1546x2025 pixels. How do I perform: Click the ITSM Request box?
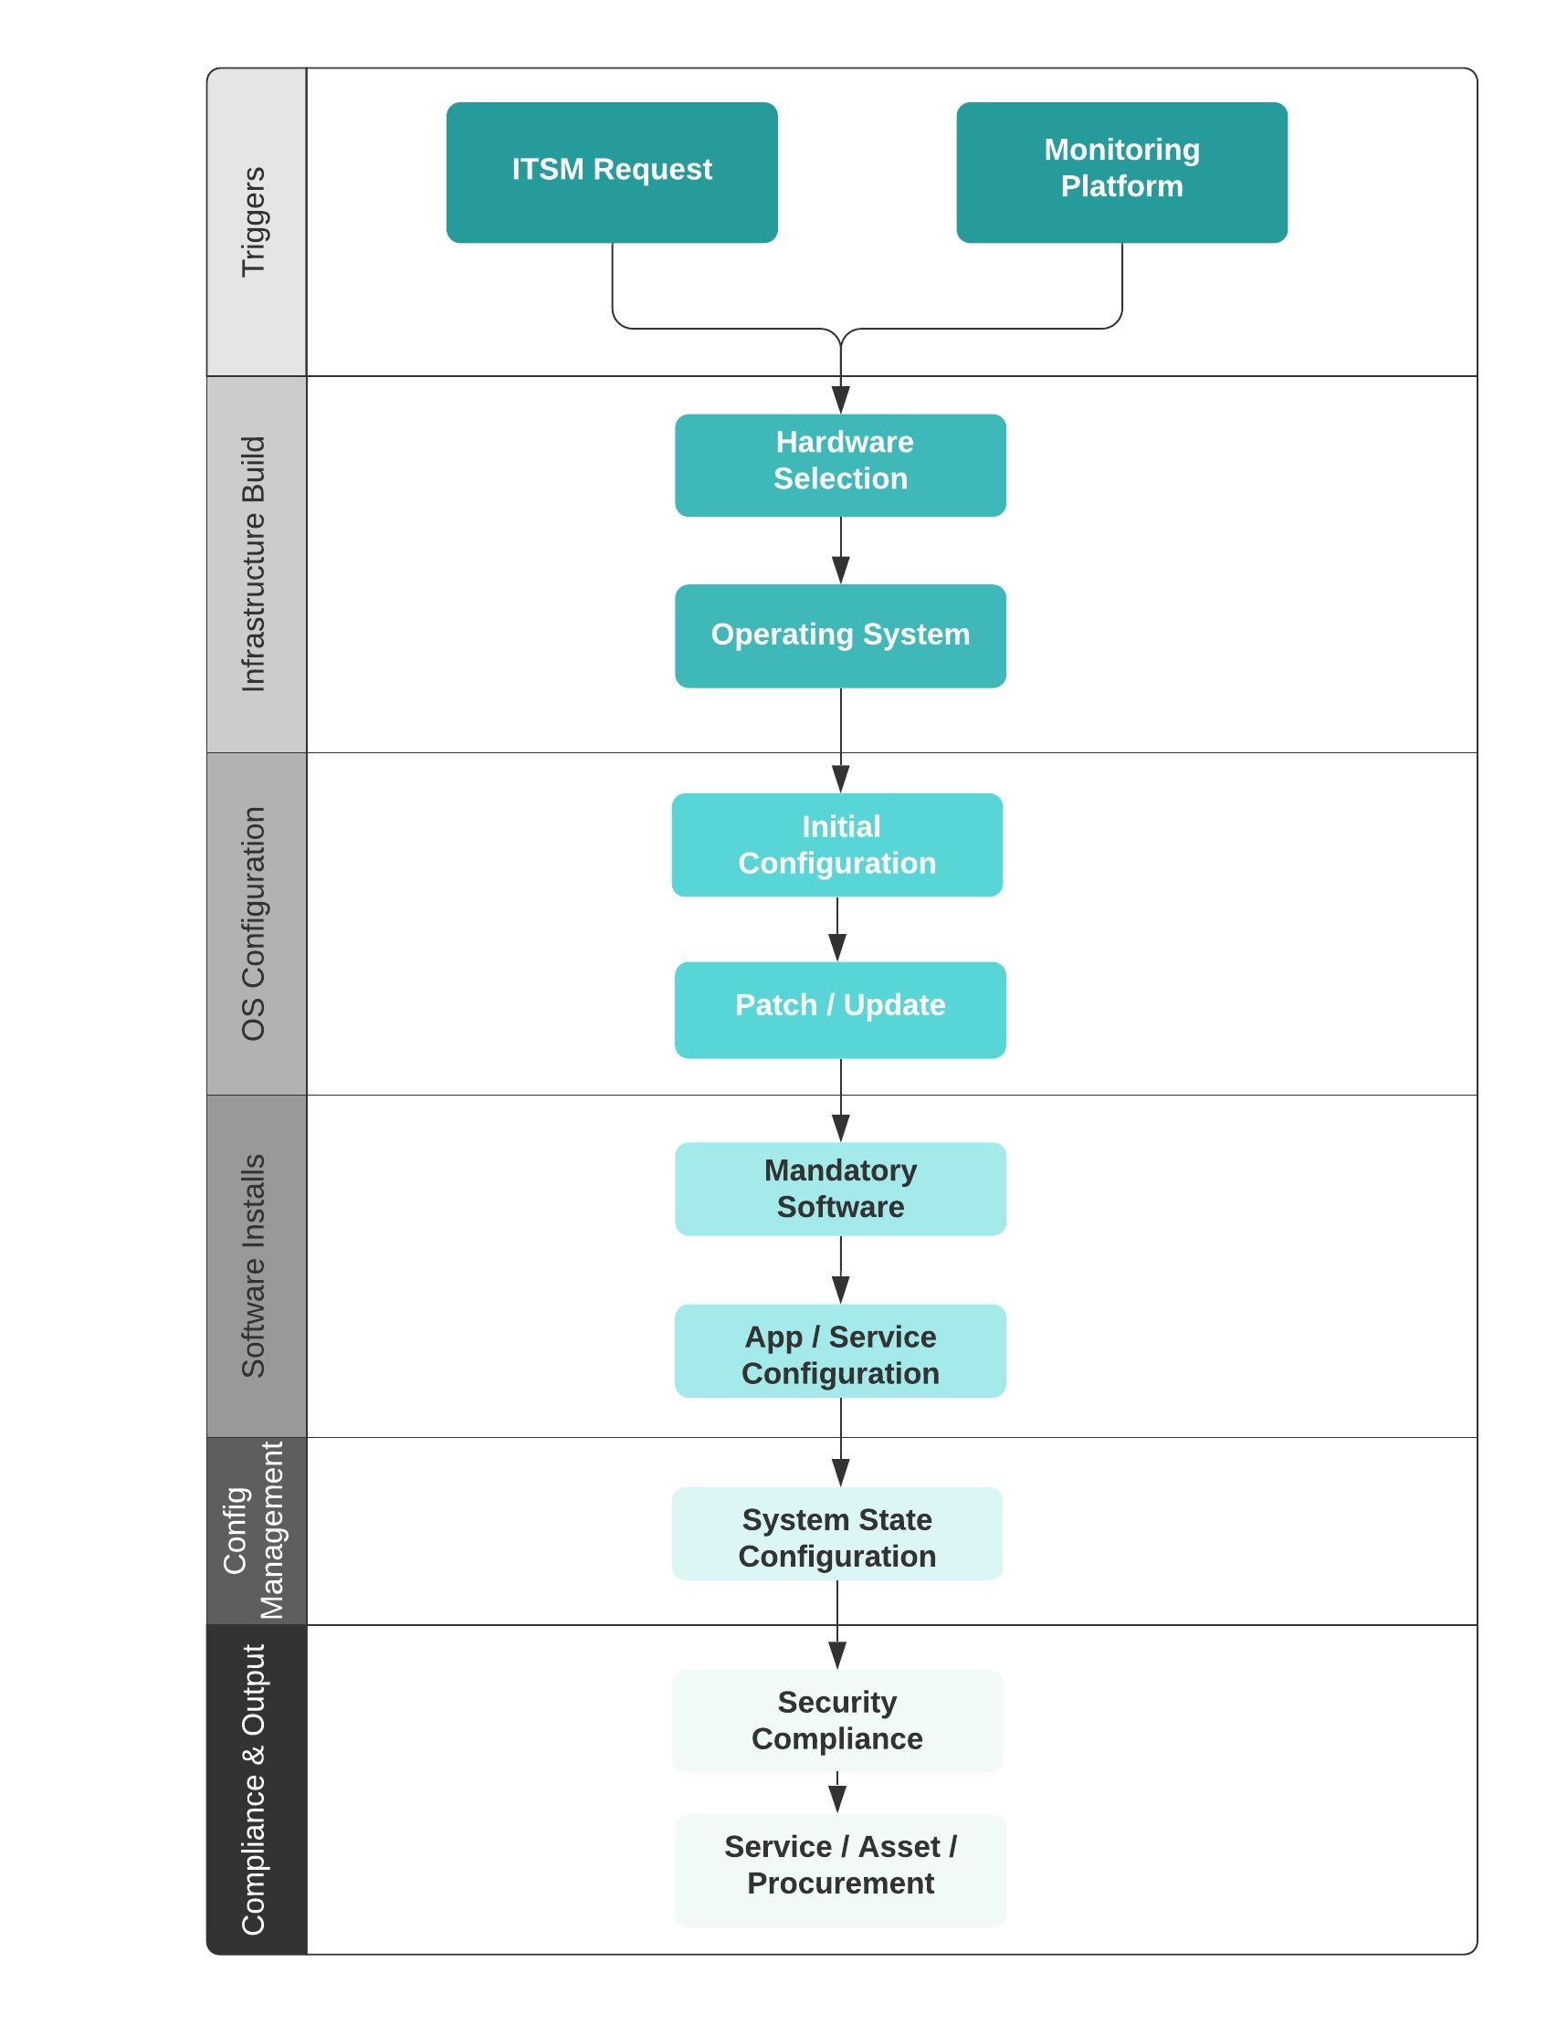612,172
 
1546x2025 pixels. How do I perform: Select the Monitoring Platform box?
1121,172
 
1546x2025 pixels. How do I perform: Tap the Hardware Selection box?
840,465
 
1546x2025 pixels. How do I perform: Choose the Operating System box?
840,635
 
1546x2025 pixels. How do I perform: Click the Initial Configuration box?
836,845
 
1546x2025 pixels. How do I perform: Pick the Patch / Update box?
840,1009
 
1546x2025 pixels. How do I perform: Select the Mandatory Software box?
840,1189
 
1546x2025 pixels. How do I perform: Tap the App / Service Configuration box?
840,1350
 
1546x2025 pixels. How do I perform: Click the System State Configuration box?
836,1534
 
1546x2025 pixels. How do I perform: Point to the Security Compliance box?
836,1720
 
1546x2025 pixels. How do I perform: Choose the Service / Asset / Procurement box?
840,1871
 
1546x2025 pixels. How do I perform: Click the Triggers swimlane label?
255,222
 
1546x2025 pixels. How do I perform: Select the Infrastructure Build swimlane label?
255,564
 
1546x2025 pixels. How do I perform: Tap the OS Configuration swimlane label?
255,924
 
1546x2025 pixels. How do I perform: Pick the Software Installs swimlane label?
255,1266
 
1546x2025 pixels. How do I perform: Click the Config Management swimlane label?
255,1531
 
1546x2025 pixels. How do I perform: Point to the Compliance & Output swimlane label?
255,1789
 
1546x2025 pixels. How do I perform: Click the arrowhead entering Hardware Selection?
840,399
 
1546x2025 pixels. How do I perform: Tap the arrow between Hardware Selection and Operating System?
840,551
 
